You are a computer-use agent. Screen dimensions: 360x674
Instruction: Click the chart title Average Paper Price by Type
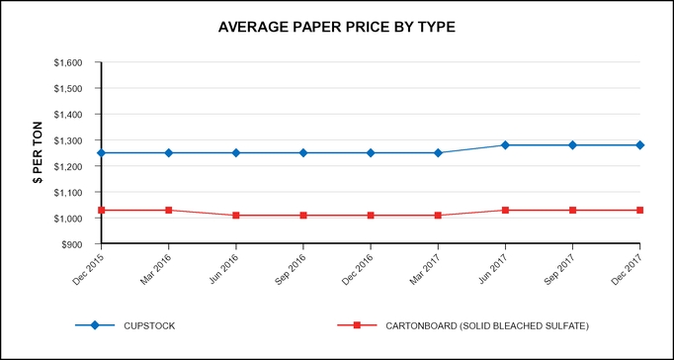point(337,27)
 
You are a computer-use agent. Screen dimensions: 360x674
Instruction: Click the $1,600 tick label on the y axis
point(75,62)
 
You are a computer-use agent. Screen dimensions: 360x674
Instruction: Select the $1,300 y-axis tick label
point(75,140)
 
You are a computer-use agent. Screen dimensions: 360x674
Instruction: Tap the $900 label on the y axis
point(79,243)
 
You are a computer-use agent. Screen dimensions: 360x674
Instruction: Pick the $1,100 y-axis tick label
point(75,192)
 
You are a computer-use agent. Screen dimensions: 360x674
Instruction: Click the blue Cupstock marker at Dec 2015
point(102,153)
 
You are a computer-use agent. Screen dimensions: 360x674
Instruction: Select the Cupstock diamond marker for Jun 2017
point(505,145)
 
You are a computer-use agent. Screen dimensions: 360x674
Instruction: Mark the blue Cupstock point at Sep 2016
point(303,153)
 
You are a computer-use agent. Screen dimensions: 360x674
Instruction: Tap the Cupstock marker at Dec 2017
point(639,145)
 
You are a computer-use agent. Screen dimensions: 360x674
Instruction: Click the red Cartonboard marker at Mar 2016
point(169,210)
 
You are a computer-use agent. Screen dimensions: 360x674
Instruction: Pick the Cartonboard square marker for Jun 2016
point(236,216)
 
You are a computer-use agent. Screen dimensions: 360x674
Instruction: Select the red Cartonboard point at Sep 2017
point(572,210)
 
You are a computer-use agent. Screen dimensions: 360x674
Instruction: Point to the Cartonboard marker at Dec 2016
point(371,216)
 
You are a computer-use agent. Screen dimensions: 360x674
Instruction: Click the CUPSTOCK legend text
point(148,324)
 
